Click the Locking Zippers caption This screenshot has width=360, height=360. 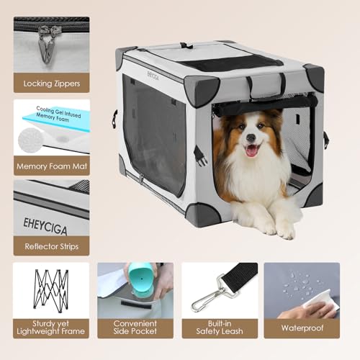[51, 83]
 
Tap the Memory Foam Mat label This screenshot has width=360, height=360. [51, 165]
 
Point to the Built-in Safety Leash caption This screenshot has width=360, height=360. [219, 328]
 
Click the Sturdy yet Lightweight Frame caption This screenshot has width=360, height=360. [51, 328]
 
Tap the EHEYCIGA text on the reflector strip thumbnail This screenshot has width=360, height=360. [42, 215]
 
